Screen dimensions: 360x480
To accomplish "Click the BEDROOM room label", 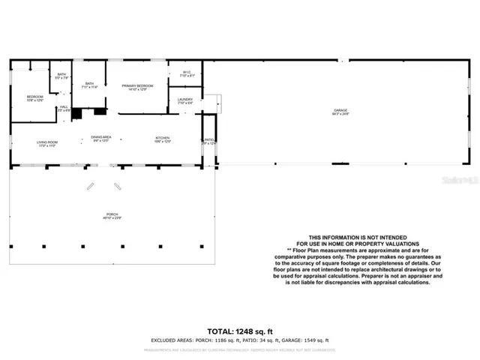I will click(34, 96).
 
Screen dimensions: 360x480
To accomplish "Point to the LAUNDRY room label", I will click(185, 99).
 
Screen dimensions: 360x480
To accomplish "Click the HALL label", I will click(64, 106).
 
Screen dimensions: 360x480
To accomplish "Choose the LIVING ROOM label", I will click(48, 141).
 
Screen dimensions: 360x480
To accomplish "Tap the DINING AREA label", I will click(101, 136).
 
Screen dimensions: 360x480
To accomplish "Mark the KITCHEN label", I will click(163, 137).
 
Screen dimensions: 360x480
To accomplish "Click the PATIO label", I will click(208, 139).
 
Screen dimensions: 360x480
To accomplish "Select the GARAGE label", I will click(340, 110).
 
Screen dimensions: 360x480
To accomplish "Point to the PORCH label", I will click(112, 214).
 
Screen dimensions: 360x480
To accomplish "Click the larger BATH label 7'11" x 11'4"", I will click(90, 84).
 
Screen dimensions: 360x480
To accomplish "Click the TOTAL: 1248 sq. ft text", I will click(239, 330).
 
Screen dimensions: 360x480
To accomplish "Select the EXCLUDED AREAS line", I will click(239, 340).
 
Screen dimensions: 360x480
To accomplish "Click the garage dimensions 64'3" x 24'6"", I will click(340, 114).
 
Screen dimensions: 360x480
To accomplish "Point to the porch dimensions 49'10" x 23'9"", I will click(112, 218).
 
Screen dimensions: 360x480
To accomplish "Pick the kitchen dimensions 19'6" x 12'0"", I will click(163, 141).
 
